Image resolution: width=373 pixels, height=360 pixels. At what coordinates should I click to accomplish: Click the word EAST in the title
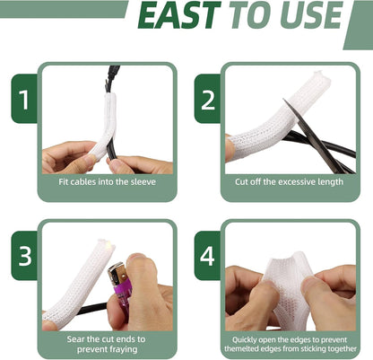179,15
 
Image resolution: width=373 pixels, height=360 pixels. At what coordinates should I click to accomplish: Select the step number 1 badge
24,99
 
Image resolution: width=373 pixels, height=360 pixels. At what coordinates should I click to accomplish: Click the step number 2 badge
208,100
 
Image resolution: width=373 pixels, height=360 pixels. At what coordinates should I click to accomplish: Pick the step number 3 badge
24,256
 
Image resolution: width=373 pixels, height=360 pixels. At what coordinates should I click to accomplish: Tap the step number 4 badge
208,256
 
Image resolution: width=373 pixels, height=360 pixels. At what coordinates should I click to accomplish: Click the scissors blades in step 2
317,136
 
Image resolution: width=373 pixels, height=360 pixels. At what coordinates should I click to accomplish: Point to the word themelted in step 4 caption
241,348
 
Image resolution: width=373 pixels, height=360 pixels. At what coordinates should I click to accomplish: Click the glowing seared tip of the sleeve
111,246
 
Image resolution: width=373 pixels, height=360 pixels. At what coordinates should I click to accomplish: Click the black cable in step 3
91,307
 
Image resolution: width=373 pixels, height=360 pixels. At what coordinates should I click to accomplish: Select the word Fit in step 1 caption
64,181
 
